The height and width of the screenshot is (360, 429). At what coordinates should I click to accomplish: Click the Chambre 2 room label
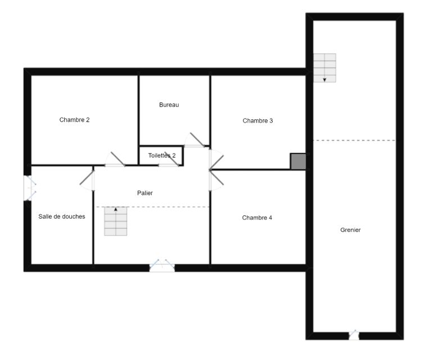[x=74, y=120]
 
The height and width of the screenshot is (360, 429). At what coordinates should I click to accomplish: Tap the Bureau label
[x=169, y=105]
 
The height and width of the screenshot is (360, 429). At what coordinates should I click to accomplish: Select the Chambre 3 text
[x=258, y=121]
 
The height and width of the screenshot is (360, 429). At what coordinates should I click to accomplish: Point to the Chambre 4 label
[x=257, y=218]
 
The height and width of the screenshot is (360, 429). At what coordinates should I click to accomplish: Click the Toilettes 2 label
[x=162, y=155]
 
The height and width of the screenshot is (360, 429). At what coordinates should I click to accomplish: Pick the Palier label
[x=145, y=193]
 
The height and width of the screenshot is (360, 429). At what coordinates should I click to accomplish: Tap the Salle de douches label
[x=62, y=217]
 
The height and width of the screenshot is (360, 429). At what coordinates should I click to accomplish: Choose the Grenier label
[x=350, y=230]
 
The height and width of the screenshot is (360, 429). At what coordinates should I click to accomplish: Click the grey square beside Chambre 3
[x=298, y=161]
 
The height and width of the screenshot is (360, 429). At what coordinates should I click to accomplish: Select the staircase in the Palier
[x=115, y=221]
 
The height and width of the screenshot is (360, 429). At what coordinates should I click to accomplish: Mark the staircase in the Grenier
[x=324, y=68]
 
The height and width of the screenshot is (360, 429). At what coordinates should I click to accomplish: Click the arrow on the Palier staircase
[x=115, y=209]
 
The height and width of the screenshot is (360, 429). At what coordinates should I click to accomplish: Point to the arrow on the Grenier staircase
[x=324, y=80]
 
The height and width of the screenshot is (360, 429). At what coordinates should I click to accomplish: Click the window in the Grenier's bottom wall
[x=354, y=335]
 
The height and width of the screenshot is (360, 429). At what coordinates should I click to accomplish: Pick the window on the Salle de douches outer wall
[x=30, y=188]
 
